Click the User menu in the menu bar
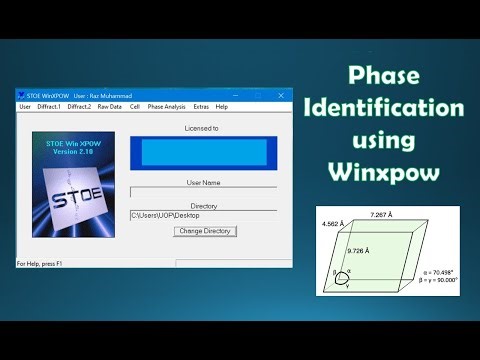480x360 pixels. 25,106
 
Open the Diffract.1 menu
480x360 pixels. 49,106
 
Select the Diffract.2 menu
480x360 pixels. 79,106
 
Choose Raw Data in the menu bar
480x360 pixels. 109,106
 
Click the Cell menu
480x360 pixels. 134,106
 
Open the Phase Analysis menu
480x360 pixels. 166,106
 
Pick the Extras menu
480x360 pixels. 201,106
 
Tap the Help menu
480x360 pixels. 222,106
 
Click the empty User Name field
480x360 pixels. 203,192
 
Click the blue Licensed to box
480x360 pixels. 203,152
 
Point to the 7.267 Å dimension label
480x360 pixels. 382,215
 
